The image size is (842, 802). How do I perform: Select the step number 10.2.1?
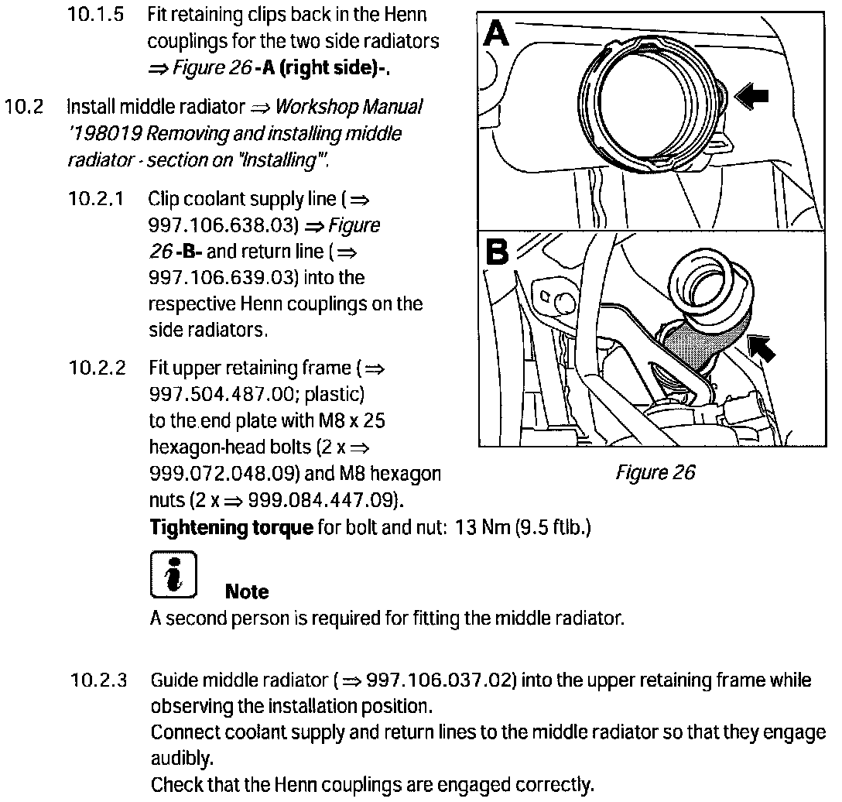pos(98,199)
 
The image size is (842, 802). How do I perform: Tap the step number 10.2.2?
pos(98,368)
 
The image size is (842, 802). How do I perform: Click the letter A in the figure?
pos(496,34)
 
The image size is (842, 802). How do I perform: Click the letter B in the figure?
pos(496,252)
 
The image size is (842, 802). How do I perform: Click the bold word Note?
pos(247,592)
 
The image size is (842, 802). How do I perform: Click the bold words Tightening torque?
pos(231,529)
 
